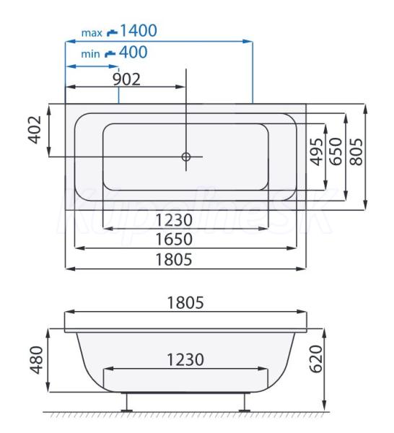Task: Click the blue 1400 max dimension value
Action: pyautogui.click(x=139, y=30)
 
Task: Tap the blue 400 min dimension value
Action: pyautogui.click(x=133, y=52)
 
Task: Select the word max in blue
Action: pyautogui.click(x=92, y=33)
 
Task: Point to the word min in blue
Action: pyautogui.click(x=90, y=54)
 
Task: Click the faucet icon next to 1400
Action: pyautogui.click(x=112, y=32)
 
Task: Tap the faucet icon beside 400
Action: pyautogui.click(x=110, y=53)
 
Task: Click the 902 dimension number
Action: pyautogui.click(x=127, y=79)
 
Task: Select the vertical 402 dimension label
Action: pyautogui.click(x=35, y=130)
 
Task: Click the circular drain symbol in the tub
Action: pyautogui.click(x=186, y=157)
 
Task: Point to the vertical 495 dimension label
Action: pyautogui.click(x=316, y=152)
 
